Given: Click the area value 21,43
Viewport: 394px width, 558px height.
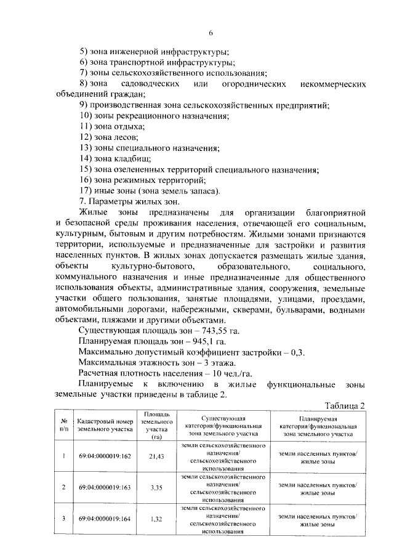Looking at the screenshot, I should point(156,456).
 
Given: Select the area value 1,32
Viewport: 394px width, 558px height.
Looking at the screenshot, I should point(156,520).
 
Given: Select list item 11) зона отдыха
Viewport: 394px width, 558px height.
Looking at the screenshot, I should point(112,126).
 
